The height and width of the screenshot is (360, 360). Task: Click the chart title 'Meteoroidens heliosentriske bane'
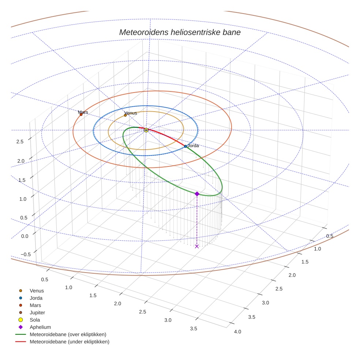pyautogui.click(x=180, y=32)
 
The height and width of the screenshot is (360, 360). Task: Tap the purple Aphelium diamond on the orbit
pyautogui.click(x=197, y=194)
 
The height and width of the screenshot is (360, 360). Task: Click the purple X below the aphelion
pyautogui.click(x=197, y=246)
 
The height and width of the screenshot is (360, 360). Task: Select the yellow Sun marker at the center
pyautogui.click(x=146, y=130)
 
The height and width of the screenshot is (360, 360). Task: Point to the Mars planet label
pyautogui.click(x=83, y=112)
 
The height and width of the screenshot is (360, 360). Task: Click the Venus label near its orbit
pyautogui.click(x=131, y=113)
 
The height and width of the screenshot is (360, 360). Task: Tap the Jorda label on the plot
pyautogui.click(x=193, y=146)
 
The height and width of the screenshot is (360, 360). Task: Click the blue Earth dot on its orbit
pyautogui.click(x=185, y=146)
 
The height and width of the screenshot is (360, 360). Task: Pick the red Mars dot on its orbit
pyautogui.click(x=81, y=115)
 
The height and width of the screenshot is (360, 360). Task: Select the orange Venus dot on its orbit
pyautogui.click(x=125, y=115)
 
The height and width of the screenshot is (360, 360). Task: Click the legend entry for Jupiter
pyautogui.click(x=37, y=312)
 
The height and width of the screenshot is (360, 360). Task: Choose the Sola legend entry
pyautogui.click(x=35, y=320)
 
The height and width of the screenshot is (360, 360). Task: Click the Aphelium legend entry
pyautogui.click(x=40, y=327)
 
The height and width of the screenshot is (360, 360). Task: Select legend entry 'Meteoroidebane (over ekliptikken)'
pyautogui.click(x=68, y=334)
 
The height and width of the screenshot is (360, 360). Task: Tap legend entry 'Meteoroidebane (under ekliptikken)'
pyautogui.click(x=70, y=342)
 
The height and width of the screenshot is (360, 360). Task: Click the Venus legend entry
pyautogui.click(x=37, y=291)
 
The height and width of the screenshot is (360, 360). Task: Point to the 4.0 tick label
pyautogui.click(x=237, y=332)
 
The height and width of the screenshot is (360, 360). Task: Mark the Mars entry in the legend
pyautogui.click(x=35, y=305)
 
